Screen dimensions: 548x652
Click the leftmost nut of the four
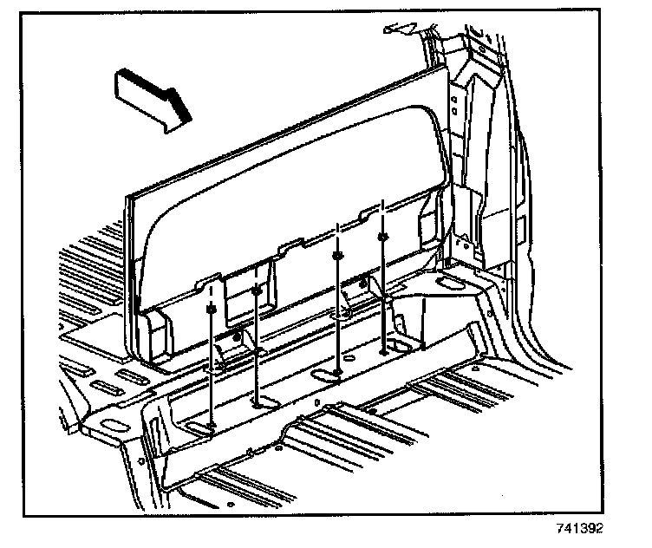point(212,308)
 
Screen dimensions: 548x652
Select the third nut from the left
point(338,256)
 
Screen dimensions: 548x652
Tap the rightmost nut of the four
point(381,235)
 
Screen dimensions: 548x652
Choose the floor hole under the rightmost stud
point(384,352)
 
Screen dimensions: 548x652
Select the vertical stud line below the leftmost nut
point(212,364)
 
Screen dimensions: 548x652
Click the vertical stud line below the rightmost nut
point(382,295)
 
